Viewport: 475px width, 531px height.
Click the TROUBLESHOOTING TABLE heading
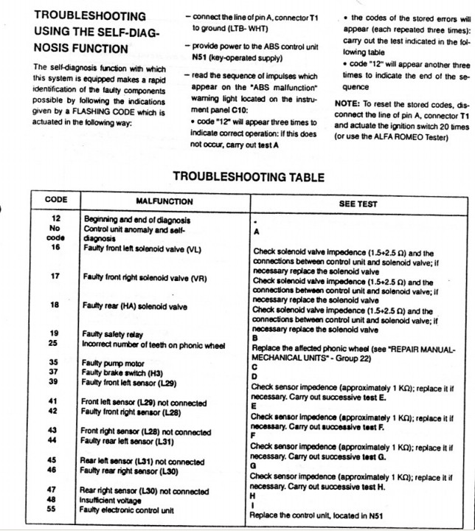[x=247, y=177]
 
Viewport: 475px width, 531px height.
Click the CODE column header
[x=56, y=200]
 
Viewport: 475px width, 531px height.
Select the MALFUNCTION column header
[x=164, y=201]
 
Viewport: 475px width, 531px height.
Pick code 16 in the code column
[x=56, y=248]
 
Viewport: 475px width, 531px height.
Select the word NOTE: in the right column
[x=349, y=104]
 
